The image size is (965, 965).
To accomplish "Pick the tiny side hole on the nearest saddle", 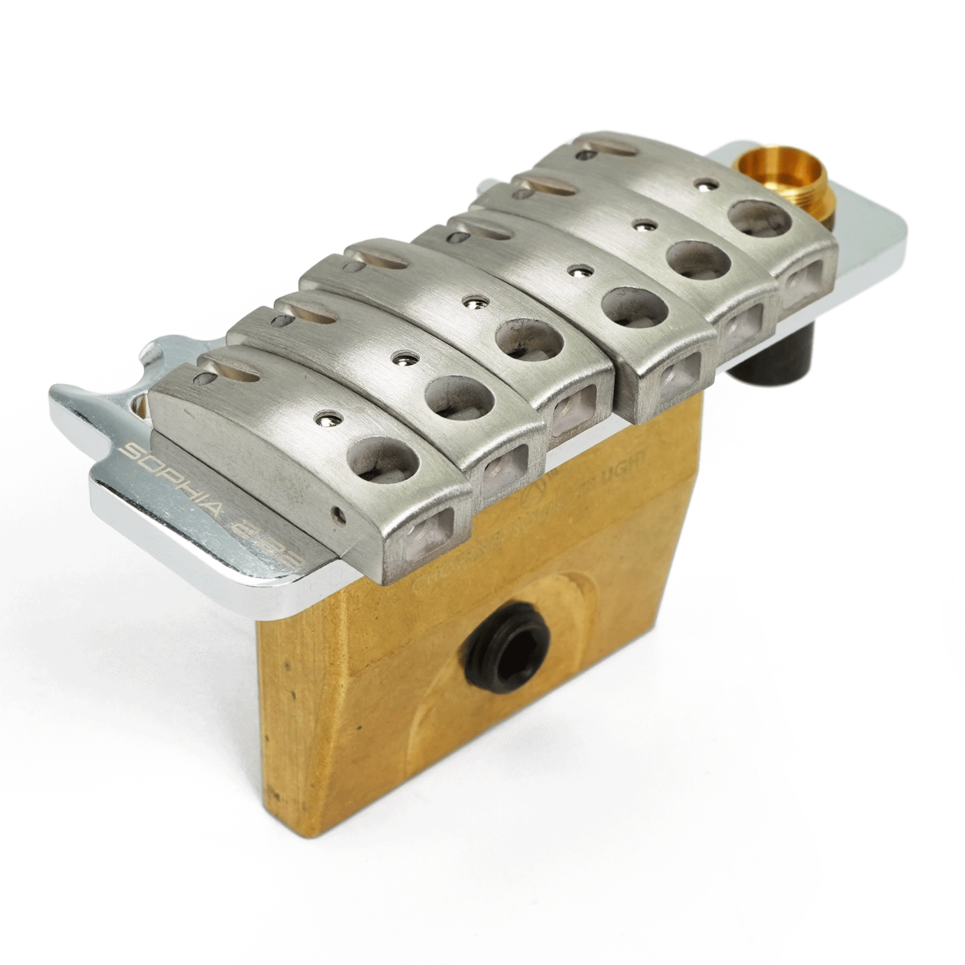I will (x=340, y=516).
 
